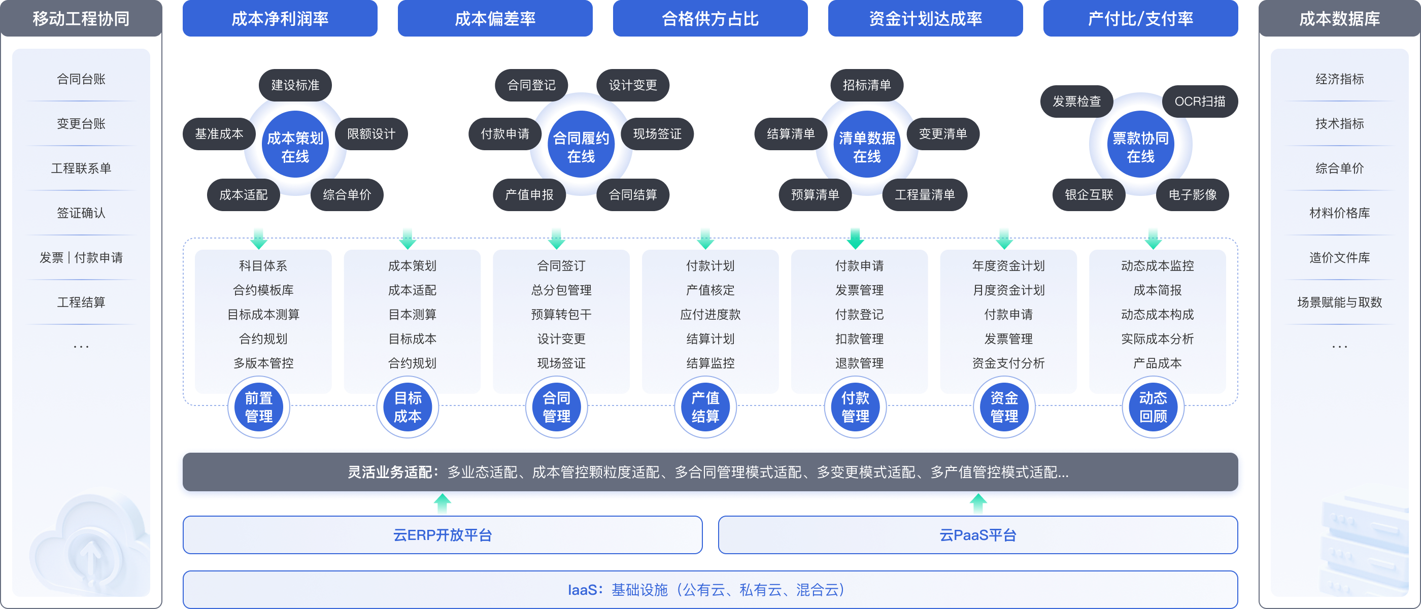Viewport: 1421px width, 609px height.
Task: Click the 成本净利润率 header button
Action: pyautogui.click(x=280, y=19)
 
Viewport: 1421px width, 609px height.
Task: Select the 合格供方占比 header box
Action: pyautogui.click(x=710, y=19)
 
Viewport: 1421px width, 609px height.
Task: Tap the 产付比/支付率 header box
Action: pyautogui.click(x=1140, y=19)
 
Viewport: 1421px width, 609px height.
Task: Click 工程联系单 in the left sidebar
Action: pyautogui.click(x=81, y=168)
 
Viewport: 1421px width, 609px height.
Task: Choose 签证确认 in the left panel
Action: pyautogui.click(x=81, y=213)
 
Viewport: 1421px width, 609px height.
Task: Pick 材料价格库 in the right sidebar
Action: pyautogui.click(x=1339, y=213)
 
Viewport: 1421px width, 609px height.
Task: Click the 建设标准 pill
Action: pyautogui.click(x=295, y=85)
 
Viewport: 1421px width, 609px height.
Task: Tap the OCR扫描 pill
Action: pyautogui.click(x=1200, y=101)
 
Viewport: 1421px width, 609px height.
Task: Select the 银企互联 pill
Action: pyautogui.click(x=1089, y=195)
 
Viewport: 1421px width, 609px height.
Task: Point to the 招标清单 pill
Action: pyautogui.click(x=867, y=85)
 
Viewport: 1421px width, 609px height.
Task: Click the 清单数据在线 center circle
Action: pyautogui.click(x=867, y=147)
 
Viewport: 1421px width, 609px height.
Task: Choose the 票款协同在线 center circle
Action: pyautogui.click(x=1140, y=147)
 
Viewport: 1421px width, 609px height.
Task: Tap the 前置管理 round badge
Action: pyautogui.click(x=259, y=407)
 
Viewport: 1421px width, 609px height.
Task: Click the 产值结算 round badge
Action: pyautogui.click(x=705, y=407)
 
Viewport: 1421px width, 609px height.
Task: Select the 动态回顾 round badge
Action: pyautogui.click(x=1153, y=407)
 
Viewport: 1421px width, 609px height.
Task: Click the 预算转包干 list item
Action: pyautogui.click(x=561, y=315)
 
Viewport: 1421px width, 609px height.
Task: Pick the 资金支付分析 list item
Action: pyautogui.click(x=1008, y=363)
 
